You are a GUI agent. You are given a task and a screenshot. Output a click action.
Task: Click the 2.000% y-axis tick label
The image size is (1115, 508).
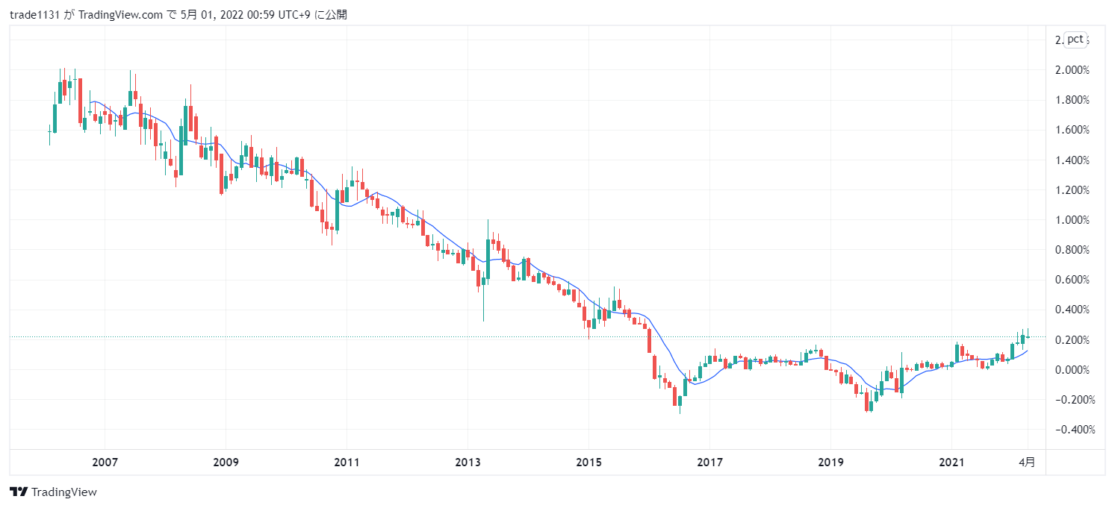click(x=1072, y=70)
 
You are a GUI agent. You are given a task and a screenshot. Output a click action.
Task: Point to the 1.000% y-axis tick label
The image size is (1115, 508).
click(x=1072, y=220)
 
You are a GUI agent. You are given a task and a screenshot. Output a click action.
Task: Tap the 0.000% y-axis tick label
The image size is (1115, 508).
click(x=1072, y=370)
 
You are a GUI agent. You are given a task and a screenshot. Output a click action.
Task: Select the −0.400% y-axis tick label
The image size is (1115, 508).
click(x=1071, y=430)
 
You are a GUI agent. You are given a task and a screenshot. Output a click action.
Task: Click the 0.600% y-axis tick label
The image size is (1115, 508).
click(x=1072, y=280)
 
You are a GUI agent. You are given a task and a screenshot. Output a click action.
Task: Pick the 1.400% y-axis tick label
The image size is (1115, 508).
click(x=1072, y=160)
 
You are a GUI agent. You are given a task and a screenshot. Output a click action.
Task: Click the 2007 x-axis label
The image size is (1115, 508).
click(x=105, y=462)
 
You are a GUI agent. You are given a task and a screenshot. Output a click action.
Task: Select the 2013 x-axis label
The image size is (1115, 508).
click(x=468, y=462)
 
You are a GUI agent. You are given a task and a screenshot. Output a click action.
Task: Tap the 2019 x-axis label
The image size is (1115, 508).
click(x=830, y=462)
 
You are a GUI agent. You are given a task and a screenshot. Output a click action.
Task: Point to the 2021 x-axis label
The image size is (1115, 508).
click(x=951, y=462)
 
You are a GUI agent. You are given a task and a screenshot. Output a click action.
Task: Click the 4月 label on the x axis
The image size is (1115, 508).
click(x=1028, y=462)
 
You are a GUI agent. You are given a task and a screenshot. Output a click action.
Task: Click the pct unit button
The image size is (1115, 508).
click(x=1075, y=40)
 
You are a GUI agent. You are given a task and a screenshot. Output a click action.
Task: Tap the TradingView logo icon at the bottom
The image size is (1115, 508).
click(x=19, y=492)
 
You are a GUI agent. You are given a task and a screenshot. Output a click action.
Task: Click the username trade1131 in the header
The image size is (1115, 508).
click(x=34, y=15)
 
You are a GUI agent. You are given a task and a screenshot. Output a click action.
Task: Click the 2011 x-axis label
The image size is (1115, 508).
click(x=347, y=462)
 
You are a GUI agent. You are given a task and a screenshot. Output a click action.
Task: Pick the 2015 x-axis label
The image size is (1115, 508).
click(x=588, y=462)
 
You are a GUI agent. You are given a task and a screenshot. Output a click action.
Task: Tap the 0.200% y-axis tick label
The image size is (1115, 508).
click(x=1072, y=340)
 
